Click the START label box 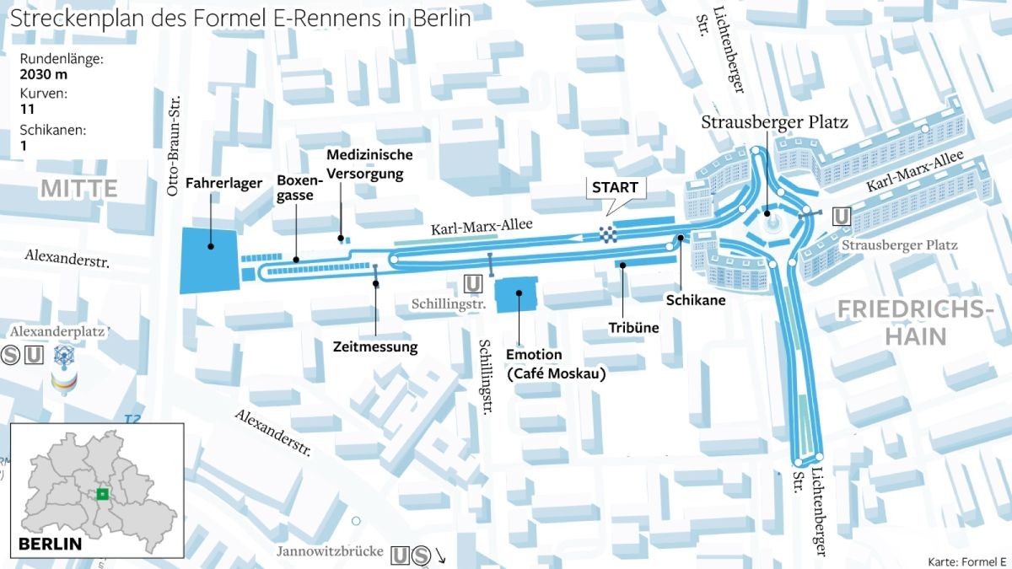click(x=614, y=187)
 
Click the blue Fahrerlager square click(x=210, y=260)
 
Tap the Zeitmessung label click(x=375, y=346)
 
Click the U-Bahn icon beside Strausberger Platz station click(x=841, y=217)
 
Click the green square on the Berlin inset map click(x=101, y=495)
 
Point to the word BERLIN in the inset click(x=51, y=544)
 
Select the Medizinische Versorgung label click(x=369, y=164)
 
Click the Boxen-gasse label click(x=300, y=187)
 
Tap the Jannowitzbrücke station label click(x=331, y=553)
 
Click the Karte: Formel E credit click(x=966, y=561)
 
